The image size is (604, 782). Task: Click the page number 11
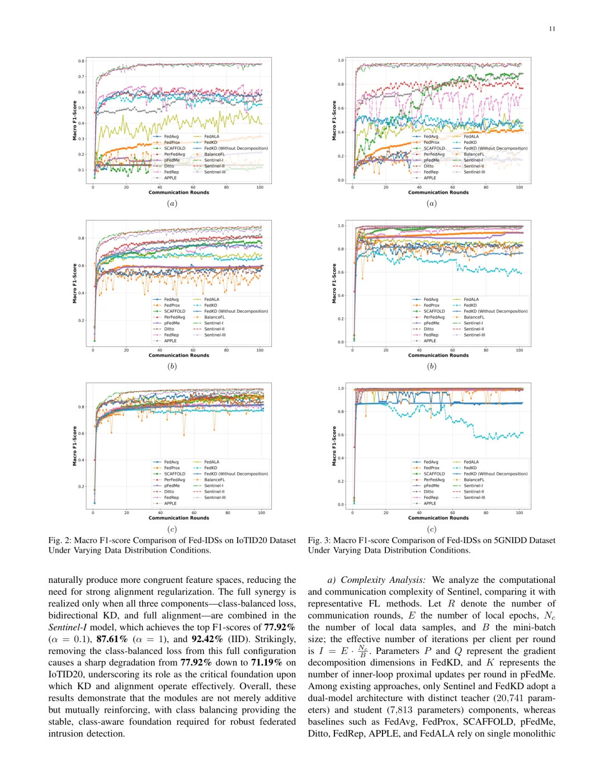pos(552,29)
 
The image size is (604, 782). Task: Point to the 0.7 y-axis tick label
pos(81,77)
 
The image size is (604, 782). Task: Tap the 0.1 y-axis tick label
pos(81,170)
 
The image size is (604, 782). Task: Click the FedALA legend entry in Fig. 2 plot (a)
pos(211,136)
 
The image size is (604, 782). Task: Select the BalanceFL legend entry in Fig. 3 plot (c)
pos(474,480)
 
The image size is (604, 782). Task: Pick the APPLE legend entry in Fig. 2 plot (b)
pos(170,341)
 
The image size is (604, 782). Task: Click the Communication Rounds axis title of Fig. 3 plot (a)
pos(438,192)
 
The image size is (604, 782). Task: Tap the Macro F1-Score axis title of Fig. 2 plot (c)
pos(75,446)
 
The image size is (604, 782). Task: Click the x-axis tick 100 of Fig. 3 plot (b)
pos(520,350)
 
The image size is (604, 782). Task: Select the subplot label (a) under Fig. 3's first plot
pos(431,204)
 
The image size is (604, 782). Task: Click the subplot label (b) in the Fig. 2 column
pos(172,366)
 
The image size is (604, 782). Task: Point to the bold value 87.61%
pos(112,639)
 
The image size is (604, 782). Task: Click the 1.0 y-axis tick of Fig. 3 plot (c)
pos(341,388)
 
